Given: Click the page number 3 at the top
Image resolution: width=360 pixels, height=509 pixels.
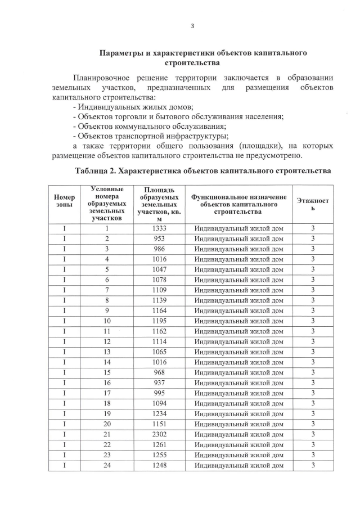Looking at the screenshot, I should pyautogui.click(x=192, y=25).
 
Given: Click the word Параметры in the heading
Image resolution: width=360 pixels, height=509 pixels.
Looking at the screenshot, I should pyautogui.click(x=121, y=53).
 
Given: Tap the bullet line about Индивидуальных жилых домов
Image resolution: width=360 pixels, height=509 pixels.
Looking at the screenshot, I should pyautogui.click(x=133, y=107).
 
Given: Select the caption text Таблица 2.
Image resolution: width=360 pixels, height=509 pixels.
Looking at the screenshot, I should pyautogui.click(x=100, y=170).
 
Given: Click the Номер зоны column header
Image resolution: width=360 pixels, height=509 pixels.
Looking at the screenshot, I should pyautogui.click(x=64, y=201).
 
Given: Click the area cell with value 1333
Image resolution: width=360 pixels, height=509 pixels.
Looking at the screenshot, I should pyautogui.click(x=160, y=228).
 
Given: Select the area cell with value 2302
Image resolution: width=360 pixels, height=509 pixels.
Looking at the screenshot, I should pyautogui.click(x=160, y=434).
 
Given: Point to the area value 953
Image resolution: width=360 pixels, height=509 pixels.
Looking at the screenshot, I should pyautogui.click(x=160, y=238).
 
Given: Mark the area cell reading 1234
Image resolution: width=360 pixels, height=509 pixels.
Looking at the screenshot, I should pyautogui.click(x=160, y=413).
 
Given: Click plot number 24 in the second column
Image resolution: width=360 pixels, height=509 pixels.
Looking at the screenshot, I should pyautogui.click(x=106, y=465).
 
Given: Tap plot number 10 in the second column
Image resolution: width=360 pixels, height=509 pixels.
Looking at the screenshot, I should pyautogui.click(x=106, y=321).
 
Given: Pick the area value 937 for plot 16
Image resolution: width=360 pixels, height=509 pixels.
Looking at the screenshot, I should pyautogui.click(x=160, y=382).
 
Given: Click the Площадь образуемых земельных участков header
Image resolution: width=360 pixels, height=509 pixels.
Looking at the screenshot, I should pyautogui.click(x=160, y=204).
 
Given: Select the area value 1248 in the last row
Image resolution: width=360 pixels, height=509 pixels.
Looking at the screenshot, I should pyautogui.click(x=160, y=465).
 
